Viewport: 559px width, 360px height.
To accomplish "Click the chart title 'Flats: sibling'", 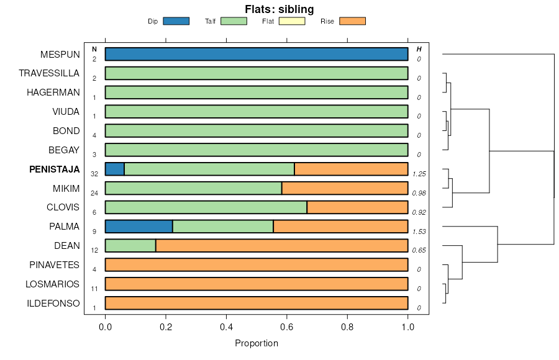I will pos(279,9).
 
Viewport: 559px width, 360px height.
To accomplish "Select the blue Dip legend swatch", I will pos(176,21).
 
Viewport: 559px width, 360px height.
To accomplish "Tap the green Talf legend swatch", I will pos(234,21).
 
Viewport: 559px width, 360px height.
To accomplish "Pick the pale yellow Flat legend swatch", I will pos(292,21).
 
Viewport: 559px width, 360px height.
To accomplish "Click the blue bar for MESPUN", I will pos(257,54).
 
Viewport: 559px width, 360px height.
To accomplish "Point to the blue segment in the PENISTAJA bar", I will pos(115,169).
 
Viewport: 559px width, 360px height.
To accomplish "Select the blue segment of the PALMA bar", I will pos(139,227).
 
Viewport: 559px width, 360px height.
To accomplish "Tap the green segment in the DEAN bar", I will pos(130,246).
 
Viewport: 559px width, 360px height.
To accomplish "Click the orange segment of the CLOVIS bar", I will pos(357,207).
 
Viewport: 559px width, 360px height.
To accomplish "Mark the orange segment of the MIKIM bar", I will pos(345,188).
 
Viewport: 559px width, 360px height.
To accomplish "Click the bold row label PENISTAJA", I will pos(55,169).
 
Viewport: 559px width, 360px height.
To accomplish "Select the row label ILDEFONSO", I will pos(53,304).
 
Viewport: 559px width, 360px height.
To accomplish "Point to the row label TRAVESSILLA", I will pos(49,73).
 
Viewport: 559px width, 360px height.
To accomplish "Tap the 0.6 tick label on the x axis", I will pos(287,326).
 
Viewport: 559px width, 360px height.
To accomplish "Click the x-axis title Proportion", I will pos(257,343).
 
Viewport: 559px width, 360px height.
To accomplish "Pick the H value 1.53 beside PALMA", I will pos(419,232).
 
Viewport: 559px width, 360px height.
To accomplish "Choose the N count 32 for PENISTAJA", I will pos(94,174).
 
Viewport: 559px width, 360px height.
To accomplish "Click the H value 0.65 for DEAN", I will pos(419,251).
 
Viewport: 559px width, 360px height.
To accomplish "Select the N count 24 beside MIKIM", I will pos(94,193).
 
